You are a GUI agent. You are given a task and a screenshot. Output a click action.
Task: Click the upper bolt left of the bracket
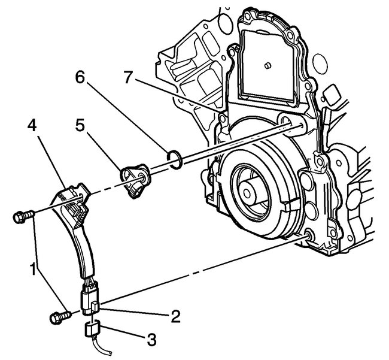tap(22, 214)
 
